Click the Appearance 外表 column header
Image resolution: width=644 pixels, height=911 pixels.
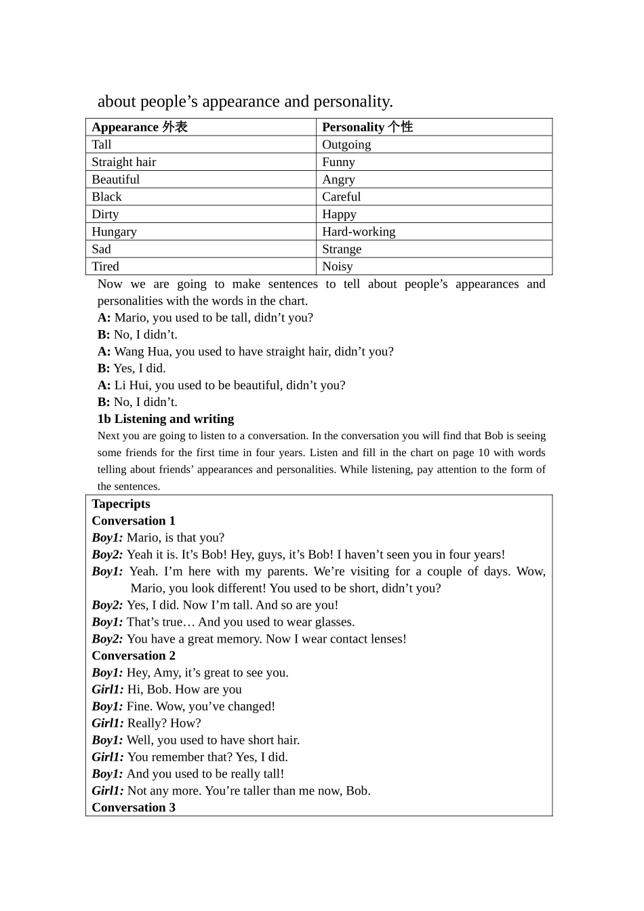point(140,127)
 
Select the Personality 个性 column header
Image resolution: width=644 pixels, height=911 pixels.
point(367,127)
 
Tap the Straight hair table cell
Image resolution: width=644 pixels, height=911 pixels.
point(124,162)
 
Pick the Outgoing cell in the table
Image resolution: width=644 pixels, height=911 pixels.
point(346,144)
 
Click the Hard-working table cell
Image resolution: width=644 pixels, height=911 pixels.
point(359,232)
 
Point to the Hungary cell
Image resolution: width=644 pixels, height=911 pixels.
point(115,232)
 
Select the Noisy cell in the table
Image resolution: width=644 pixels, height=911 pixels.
point(338,266)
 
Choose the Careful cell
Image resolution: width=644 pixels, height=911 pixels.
point(341,197)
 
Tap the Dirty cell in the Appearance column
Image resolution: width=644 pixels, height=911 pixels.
point(105,214)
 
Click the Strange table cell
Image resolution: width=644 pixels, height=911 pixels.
point(342,249)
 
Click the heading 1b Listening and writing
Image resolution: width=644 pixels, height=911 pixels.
point(165,419)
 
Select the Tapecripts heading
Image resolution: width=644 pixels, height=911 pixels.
point(121,504)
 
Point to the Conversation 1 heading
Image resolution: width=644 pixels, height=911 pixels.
point(134,521)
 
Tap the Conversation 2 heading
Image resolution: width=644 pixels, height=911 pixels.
point(134,655)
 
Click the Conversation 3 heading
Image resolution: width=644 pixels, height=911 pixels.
point(134,807)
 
